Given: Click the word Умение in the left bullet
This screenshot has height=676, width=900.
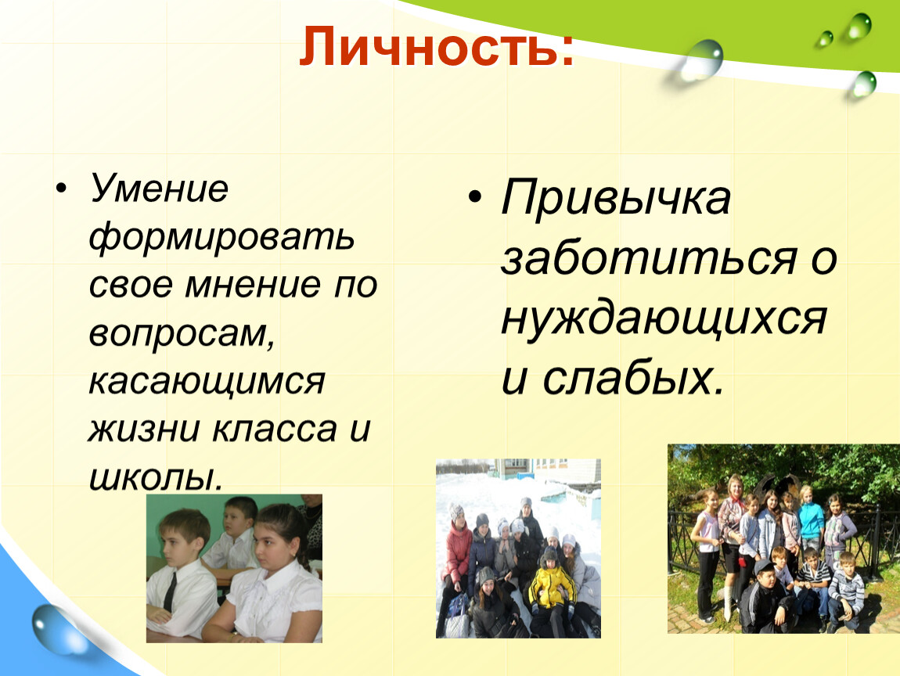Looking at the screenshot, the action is [158, 189].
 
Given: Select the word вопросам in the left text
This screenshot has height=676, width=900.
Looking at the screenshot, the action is [182, 333].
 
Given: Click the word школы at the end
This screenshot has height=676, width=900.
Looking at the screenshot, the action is [155, 476].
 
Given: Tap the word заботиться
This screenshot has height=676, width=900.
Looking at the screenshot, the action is [649, 257].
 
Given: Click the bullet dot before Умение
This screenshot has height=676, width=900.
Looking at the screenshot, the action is [61, 189].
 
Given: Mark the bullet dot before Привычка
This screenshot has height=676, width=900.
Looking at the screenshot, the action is [475, 197].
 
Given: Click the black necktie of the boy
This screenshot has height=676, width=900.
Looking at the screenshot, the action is [170, 591].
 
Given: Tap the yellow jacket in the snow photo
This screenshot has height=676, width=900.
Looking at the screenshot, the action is [552, 586].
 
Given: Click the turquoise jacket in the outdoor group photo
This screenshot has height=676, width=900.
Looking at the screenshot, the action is [811, 520].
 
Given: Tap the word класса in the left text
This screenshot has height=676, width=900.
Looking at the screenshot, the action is [275, 430].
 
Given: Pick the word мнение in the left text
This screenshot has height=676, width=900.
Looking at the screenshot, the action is [253, 286].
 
